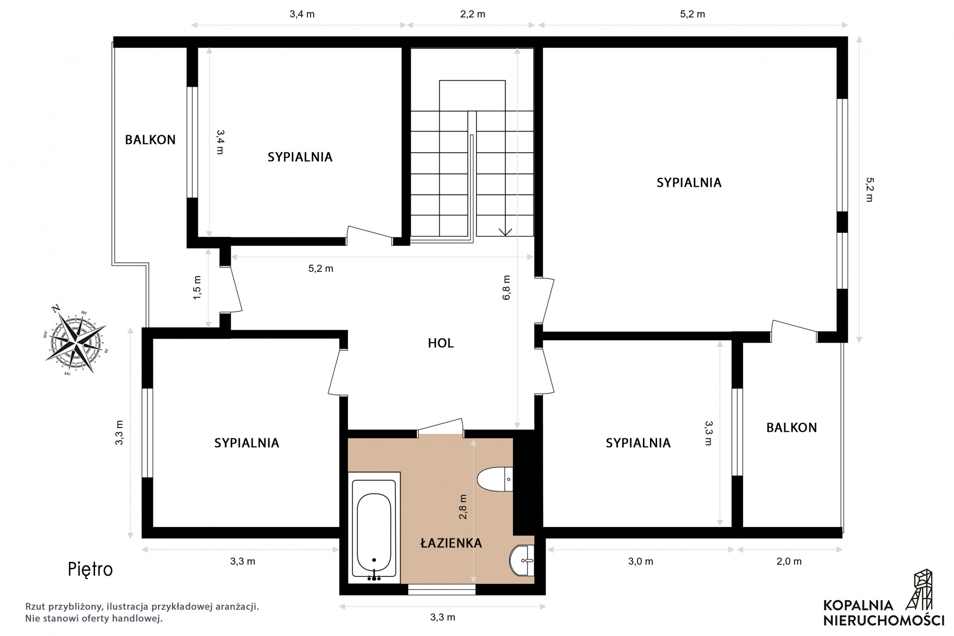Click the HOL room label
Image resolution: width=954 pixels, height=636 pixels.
[x=441, y=343]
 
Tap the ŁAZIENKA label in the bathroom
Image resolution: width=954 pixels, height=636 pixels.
[x=451, y=543]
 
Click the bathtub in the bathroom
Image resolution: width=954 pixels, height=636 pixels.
[x=374, y=527]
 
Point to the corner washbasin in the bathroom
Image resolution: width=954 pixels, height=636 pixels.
[x=522, y=561]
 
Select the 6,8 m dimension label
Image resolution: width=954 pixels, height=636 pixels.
[x=506, y=287]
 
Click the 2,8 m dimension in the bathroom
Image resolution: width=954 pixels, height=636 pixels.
[x=463, y=506]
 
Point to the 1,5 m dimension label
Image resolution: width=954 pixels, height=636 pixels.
[x=197, y=287]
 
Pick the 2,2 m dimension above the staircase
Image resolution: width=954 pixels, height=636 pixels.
[x=473, y=14]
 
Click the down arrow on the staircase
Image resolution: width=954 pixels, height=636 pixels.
[x=505, y=231]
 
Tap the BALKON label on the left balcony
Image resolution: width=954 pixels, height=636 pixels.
[x=150, y=139]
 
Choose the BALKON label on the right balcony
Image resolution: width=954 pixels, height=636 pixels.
[x=792, y=428]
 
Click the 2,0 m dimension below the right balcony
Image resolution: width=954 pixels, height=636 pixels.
[x=789, y=561]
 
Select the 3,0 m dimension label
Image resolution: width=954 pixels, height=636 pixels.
[x=641, y=561]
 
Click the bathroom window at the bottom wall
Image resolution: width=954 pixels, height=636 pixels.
[x=442, y=589]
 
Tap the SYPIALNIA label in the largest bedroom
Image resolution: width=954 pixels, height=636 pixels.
[x=689, y=183]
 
